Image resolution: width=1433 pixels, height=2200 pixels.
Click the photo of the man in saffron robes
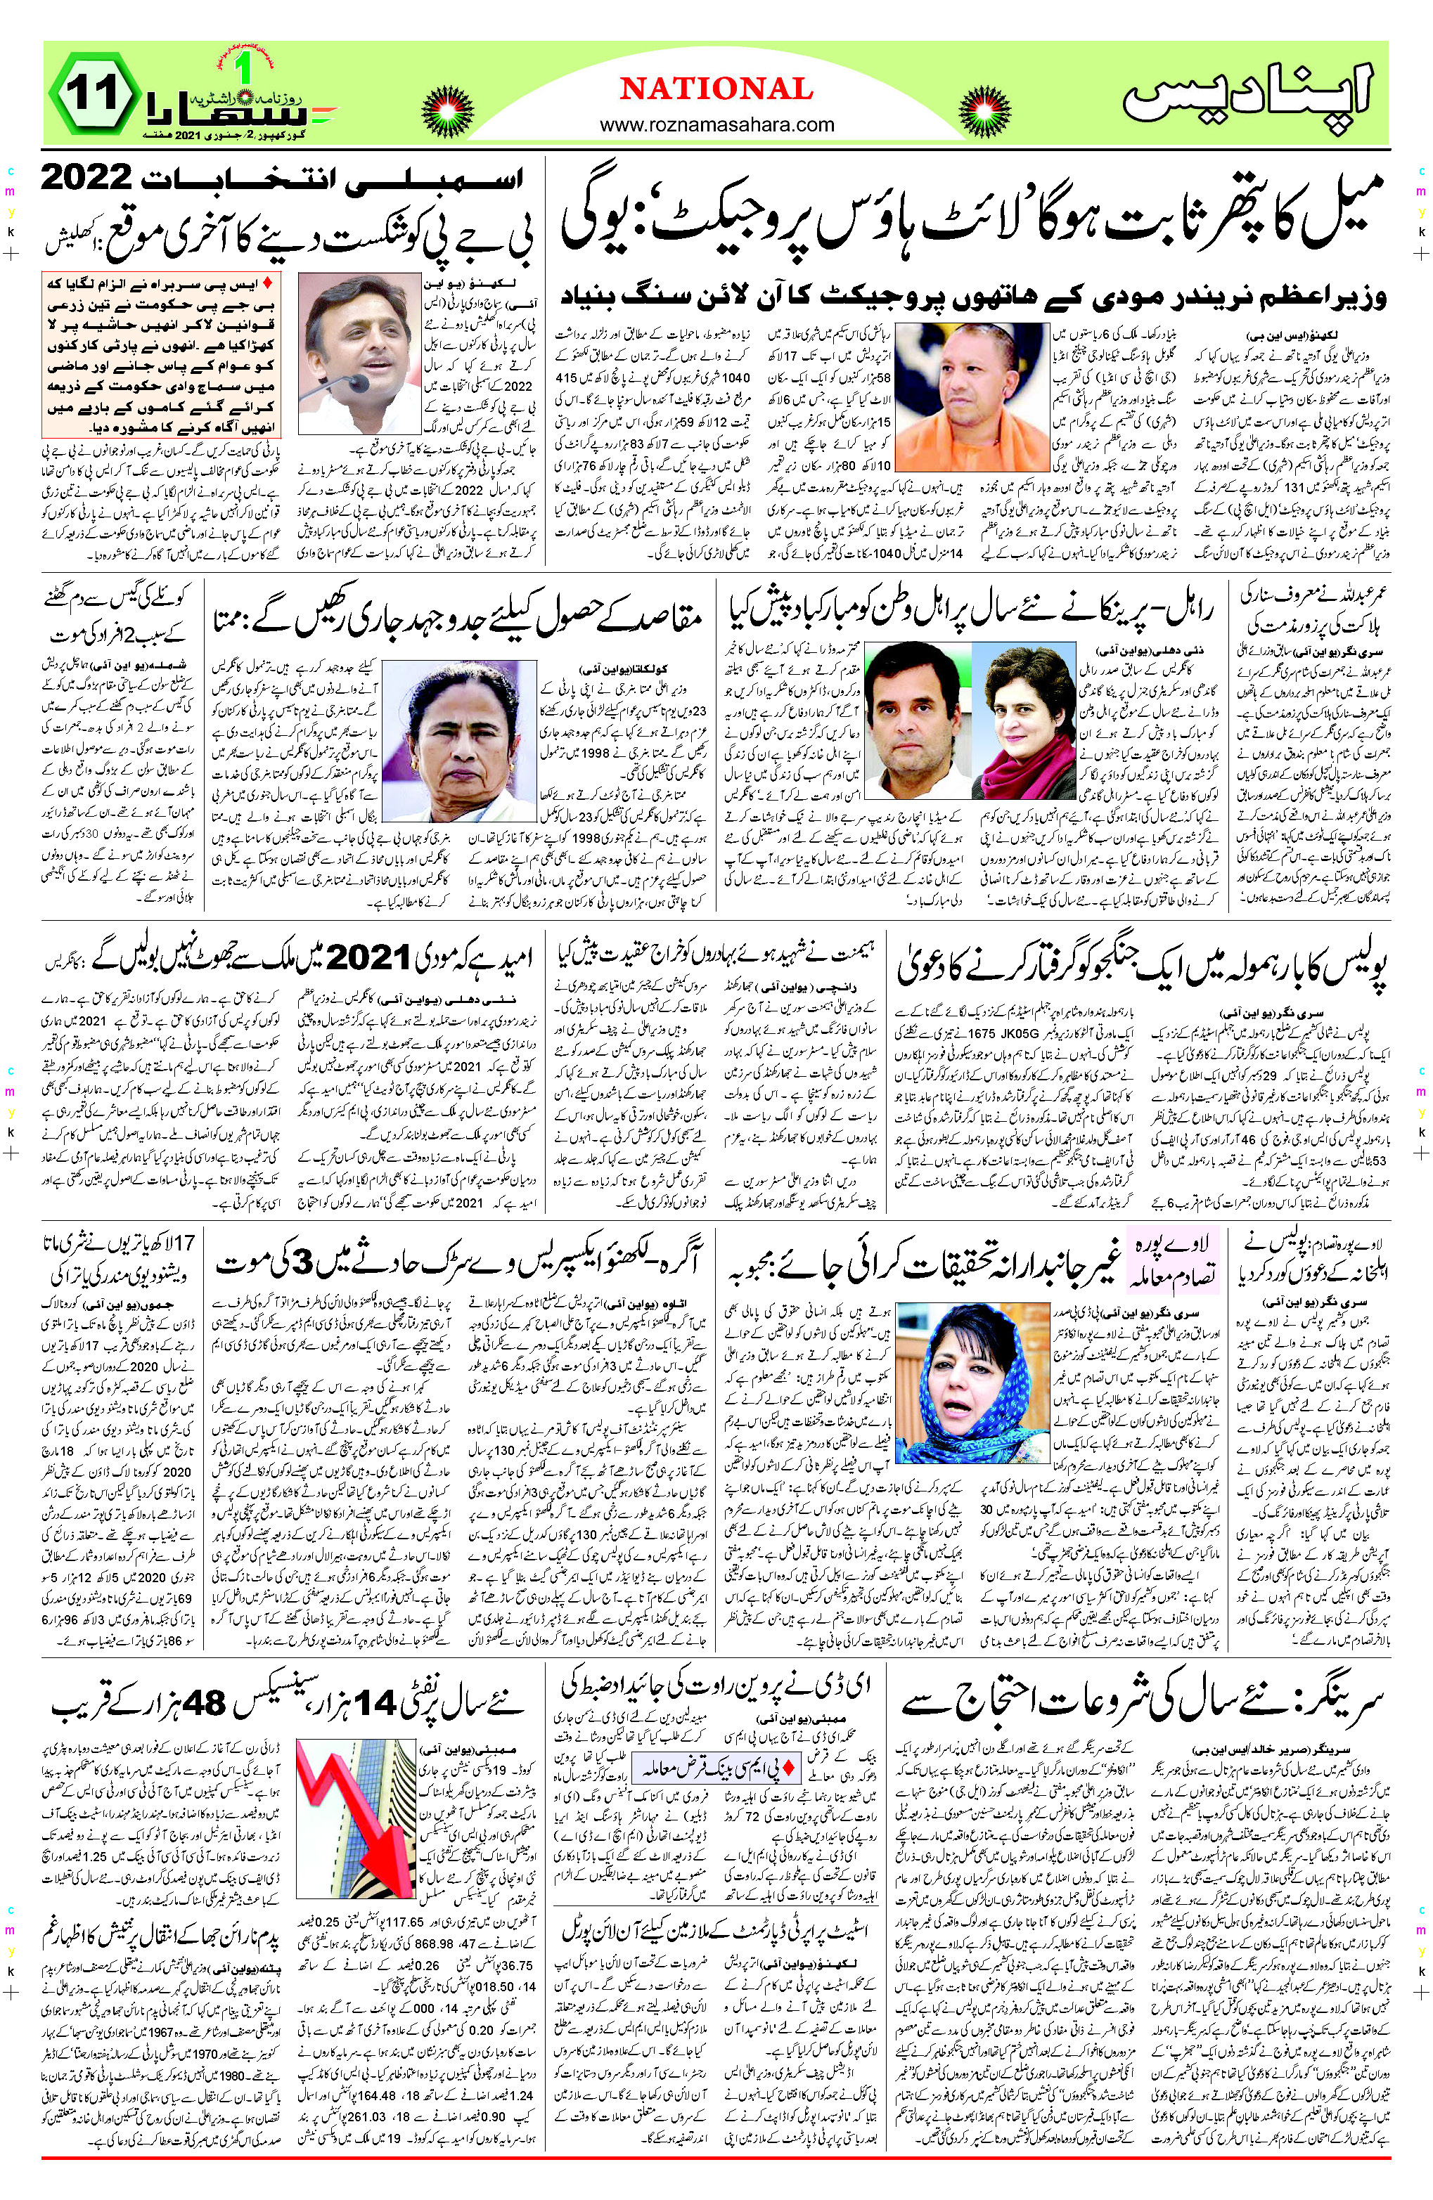[x=971, y=398]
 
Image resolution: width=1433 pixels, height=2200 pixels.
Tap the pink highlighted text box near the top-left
[x=162, y=355]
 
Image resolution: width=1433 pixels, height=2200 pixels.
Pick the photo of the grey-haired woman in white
[x=459, y=740]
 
